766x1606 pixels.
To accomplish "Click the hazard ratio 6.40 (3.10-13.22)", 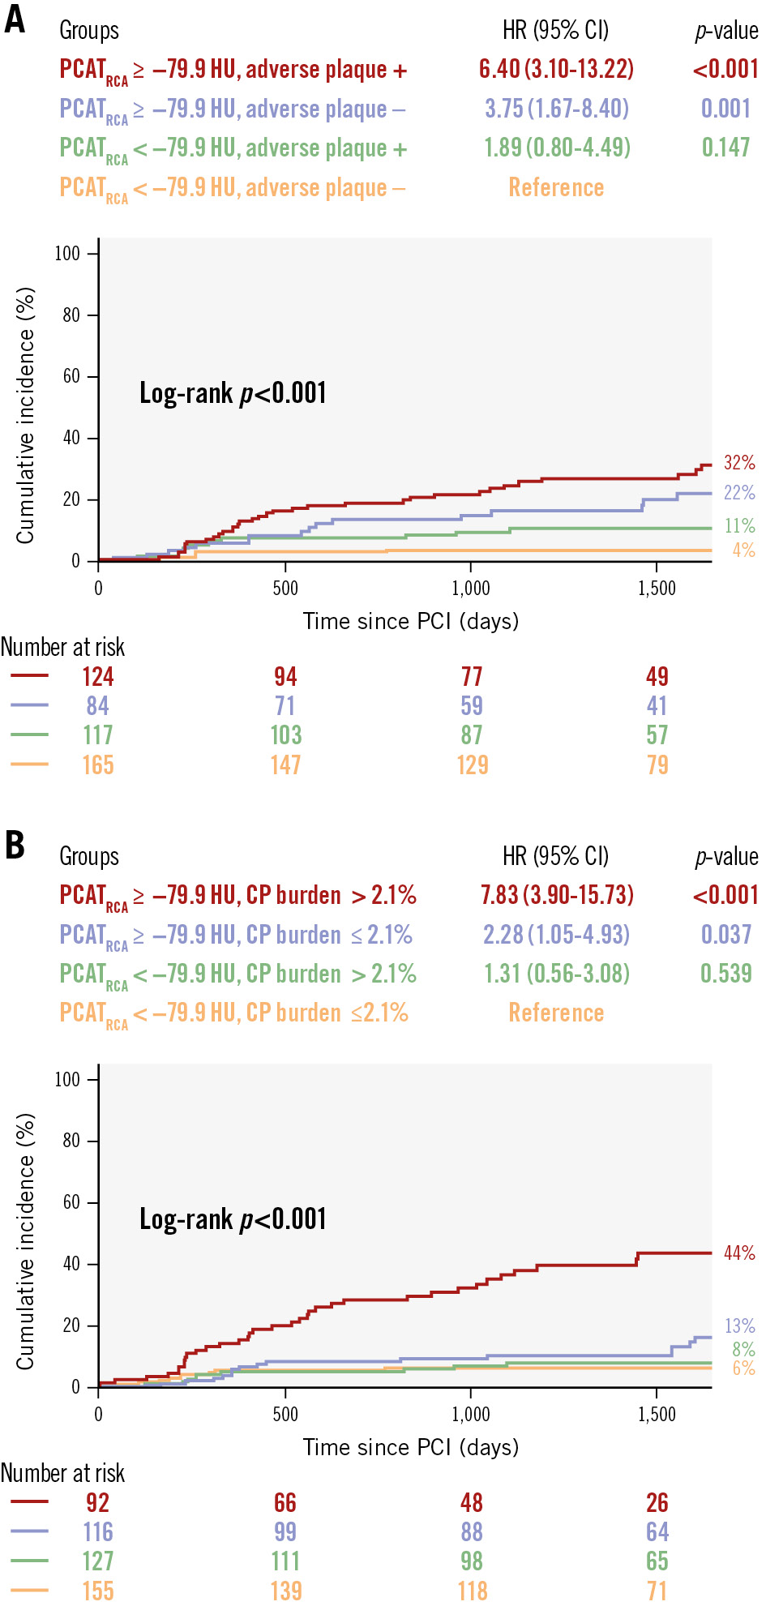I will tap(556, 69).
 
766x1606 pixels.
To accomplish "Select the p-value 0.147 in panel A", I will tap(725, 148).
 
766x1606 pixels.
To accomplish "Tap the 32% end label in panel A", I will tap(739, 463).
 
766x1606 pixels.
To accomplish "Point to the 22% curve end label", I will tap(739, 493).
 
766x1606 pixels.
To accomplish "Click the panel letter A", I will tap(15, 20).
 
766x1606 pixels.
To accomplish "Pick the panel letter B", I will tap(15, 845).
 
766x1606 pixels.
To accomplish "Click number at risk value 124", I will tap(98, 677).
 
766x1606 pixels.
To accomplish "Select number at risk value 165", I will tap(98, 765).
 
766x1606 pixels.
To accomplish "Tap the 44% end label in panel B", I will tap(739, 1253).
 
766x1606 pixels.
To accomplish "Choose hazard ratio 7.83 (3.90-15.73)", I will tap(557, 895).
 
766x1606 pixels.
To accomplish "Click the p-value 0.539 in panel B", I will tap(725, 974).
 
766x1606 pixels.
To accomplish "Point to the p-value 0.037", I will tap(725, 935).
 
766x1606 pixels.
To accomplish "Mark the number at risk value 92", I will tap(98, 1503).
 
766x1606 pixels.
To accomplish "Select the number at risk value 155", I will tap(98, 1591).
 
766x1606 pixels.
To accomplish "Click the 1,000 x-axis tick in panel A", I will tap(471, 589).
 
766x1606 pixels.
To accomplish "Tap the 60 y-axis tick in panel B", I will tap(71, 1202).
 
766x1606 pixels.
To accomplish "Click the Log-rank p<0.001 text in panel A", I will tap(233, 393).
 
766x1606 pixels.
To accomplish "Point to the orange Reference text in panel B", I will tap(556, 1013).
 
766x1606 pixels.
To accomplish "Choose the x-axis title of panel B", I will tap(411, 1447).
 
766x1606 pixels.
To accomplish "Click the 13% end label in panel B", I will tap(739, 1326).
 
